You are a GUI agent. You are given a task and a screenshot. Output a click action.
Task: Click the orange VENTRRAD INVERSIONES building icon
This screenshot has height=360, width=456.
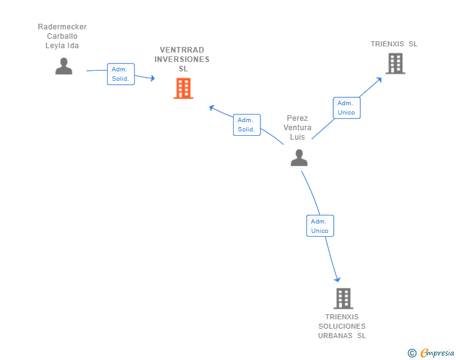click(183, 88)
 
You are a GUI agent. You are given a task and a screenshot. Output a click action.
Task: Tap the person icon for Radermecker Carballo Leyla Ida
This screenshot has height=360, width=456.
click(63, 66)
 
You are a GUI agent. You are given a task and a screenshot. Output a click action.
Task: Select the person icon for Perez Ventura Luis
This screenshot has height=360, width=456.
click(299, 158)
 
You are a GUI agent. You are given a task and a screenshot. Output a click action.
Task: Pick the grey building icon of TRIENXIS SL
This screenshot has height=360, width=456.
click(395, 63)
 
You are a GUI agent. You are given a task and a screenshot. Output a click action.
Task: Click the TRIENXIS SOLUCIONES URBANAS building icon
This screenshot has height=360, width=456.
click(343, 299)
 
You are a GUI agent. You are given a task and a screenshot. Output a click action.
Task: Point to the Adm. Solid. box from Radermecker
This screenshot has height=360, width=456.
click(120, 74)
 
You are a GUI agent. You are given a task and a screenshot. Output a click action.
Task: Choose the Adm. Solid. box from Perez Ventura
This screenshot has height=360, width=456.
click(246, 125)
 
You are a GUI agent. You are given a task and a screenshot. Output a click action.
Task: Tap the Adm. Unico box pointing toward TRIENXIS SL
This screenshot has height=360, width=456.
click(346, 108)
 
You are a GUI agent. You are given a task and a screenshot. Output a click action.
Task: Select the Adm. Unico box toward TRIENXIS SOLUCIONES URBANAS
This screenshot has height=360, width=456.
click(319, 226)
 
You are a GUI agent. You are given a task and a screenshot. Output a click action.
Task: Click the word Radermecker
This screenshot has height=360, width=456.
click(62, 27)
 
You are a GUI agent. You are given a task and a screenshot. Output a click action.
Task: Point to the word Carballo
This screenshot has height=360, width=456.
click(62, 36)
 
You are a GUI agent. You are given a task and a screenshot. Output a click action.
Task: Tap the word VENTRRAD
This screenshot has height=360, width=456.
click(182, 50)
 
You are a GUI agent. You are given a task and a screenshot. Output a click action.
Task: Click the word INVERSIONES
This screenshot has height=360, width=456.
click(182, 59)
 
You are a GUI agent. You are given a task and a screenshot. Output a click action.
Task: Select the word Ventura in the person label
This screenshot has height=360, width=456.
click(297, 128)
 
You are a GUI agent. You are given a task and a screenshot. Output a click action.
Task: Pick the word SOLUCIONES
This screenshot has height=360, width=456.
click(341, 326)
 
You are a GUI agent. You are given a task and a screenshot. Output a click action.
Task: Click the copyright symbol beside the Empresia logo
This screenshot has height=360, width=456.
click(412, 353)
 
